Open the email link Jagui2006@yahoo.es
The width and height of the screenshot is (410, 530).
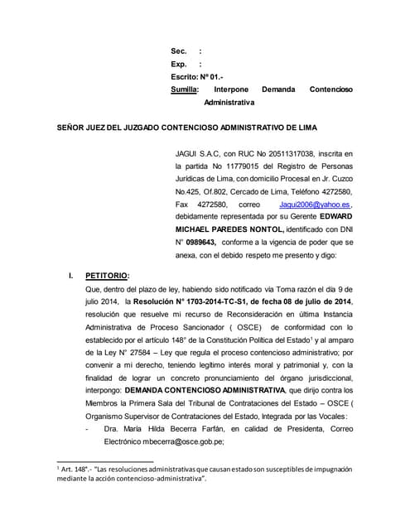pyautogui.click(x=316, y=204)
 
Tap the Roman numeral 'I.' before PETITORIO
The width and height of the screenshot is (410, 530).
pyautogui.click(x=72, y=276)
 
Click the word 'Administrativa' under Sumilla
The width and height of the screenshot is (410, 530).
pyautogui.click(x=229, y=102)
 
